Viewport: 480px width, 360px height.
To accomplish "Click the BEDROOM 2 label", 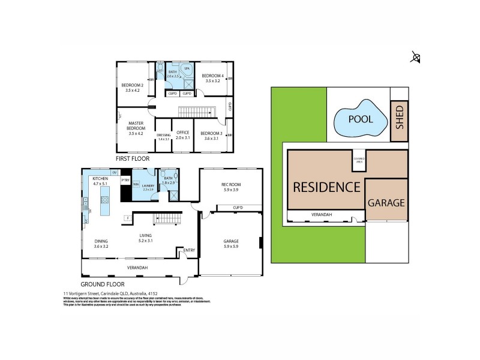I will click(x=133, y=85).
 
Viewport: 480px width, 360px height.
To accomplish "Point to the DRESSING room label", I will click(x=164, y=136).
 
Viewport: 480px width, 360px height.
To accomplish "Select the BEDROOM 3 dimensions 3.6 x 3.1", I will click(x=212, y=139).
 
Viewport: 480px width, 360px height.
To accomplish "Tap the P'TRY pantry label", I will click(x=125, y=180).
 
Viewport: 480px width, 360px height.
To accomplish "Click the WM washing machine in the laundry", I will click(x=136, y=185).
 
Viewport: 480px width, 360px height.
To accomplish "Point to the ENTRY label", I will click(x=189, y=250).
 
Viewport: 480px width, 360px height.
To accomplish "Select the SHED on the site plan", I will click(x=398, y=121).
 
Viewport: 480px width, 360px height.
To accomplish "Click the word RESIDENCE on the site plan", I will click(x=326, y=187).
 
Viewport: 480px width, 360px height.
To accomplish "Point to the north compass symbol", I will click(x=416, y=58).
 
